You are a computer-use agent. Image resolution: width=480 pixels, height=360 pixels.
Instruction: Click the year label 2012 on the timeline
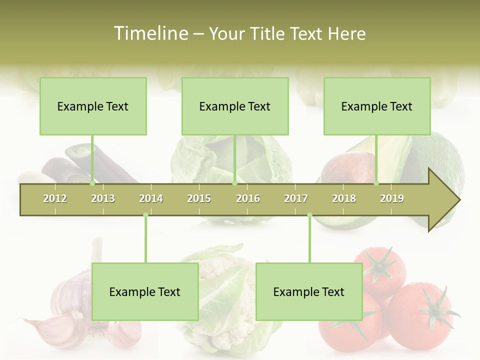pos(55,198)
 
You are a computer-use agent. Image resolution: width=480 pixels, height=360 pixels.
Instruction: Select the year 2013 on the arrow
pos(103,198)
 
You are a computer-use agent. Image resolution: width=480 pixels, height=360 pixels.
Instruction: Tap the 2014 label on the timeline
pos(151,198)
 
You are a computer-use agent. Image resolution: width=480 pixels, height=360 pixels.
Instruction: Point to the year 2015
pos(199,198)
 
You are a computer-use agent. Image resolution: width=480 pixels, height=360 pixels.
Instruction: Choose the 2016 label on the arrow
pos(248,198)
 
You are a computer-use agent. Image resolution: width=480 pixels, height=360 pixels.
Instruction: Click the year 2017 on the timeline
pos(296,198)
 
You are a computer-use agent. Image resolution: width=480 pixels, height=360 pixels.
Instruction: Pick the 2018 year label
pos(344,198)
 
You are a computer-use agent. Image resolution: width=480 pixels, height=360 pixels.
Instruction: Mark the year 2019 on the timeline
pos(392,198)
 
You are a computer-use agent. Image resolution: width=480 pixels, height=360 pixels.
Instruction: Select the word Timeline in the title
pos(150,33)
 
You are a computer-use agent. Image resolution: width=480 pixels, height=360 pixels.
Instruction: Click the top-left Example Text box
pos(93,106)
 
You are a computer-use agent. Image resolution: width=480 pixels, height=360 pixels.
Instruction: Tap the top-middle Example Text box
pos(235,106)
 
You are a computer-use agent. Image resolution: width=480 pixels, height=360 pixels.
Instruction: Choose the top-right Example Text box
pos(377,106)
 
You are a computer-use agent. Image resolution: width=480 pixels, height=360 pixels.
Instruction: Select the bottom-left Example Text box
pos(145,291)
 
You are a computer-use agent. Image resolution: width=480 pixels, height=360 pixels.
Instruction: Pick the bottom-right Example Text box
pos(309,291)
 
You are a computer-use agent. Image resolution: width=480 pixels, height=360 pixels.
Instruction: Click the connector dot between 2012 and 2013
pos(92,183)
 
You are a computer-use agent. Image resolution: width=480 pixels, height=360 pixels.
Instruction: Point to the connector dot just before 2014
pos(145,215)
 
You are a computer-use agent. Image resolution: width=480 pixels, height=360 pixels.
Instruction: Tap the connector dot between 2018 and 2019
pos(376,183)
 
